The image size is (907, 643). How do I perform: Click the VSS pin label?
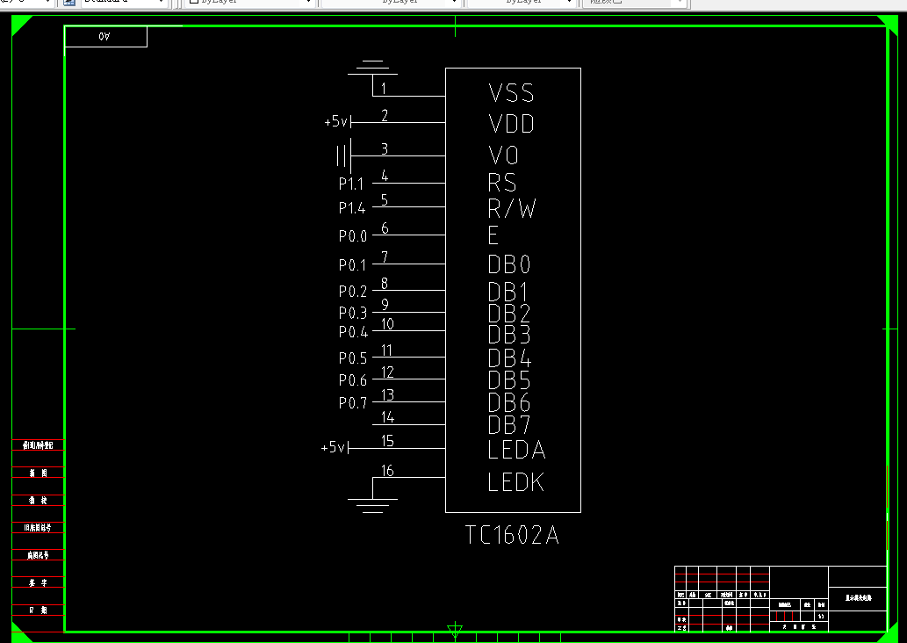pyautogui.click(x=511, y=92)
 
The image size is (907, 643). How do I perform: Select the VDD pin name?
pyautogui.click(x=511, y=124)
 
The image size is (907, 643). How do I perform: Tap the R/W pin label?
pyautogui.click(x=512, y=209)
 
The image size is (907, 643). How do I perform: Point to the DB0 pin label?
pyautogui.click(x=509, y=264)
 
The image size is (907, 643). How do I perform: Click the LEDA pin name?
pyautogui.click(x=516, y=450)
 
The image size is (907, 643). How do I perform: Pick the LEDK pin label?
pyautogui.click(x=516, y=482)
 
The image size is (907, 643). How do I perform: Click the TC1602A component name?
pyautogui.click(x=512, y=535)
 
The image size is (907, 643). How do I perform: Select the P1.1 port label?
pyautogui.click(x=352, y=184)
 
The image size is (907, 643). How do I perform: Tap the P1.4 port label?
pyautogui.click(x=352, y=208)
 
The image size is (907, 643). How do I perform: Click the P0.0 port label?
pyautogui.click(x=353, y=236)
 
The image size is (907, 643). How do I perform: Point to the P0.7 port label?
pyautogui.click(x=353, y=403)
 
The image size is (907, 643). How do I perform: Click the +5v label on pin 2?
pyautogui.click(x=336, y=122)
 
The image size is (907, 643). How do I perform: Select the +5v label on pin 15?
pyautogui.click(x=334, y=448)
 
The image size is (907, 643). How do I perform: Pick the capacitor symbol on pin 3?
pyautogui.click(x=343, y=156)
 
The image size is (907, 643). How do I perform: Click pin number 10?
pyautogui.click(x=387, y=324)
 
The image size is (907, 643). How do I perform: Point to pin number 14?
pyautogui.click(x=387, y=417)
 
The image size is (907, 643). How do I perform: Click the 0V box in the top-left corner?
pyautogui.click(x=105, y=37)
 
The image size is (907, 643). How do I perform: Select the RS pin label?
pyautogui.click(x=502, y=183)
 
